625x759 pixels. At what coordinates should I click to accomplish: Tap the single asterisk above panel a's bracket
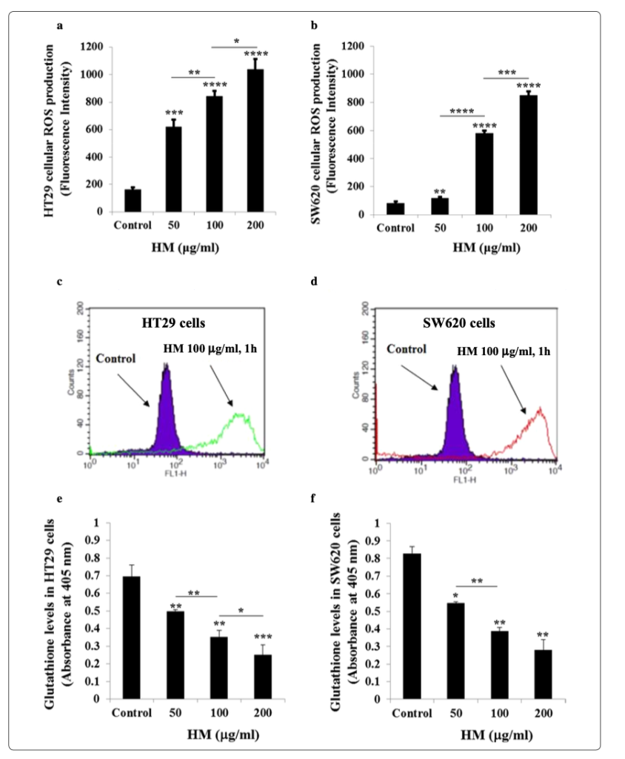pyautogui.click(x=236, y=40)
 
